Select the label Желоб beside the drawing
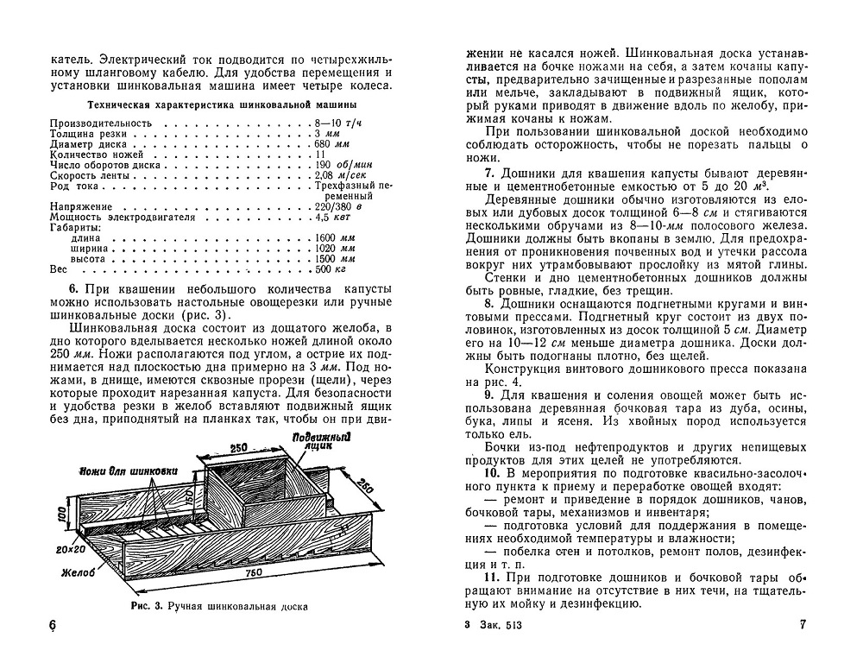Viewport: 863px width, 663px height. (79, 571)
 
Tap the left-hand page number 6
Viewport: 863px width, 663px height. (53, 626)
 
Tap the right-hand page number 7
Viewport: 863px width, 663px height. (801, 624)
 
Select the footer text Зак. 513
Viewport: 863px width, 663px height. (505, 624)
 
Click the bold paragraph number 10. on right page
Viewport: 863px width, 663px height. (492, 474)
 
